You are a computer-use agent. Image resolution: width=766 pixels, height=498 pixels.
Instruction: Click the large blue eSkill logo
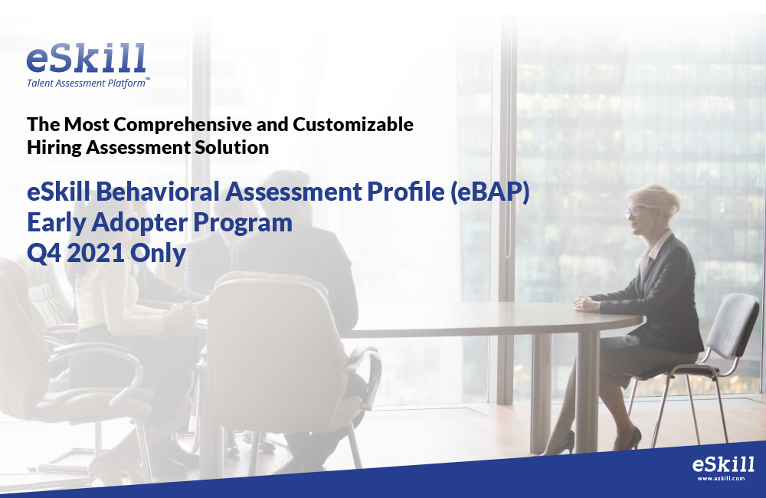tap(86, 58)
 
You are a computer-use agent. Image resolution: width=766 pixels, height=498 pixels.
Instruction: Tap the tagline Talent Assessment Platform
tap(87, 83)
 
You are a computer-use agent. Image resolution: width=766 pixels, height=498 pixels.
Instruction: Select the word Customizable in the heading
tap(352, 124)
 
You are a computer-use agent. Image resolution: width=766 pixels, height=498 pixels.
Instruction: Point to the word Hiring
tap(54, 148)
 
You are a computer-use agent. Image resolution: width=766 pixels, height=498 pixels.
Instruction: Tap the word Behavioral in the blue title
tap(157, 191)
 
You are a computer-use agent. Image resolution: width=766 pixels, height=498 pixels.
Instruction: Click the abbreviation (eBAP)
tap(489, 192)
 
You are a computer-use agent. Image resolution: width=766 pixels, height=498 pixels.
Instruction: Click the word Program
tap(242, 224)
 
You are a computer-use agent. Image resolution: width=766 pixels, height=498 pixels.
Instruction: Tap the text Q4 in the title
tap(44, 253)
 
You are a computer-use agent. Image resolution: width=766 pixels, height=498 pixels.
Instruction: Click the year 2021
tap(95, 253)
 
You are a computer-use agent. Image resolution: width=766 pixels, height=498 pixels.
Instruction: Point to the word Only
tap(158, 254)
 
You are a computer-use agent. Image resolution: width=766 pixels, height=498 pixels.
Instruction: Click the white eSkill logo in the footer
tap(723, 464)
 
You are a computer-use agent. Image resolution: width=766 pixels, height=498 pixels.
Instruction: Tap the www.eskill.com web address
tap(721, 478)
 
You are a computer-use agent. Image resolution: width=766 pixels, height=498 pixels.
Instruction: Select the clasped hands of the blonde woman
tap(586, 304)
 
